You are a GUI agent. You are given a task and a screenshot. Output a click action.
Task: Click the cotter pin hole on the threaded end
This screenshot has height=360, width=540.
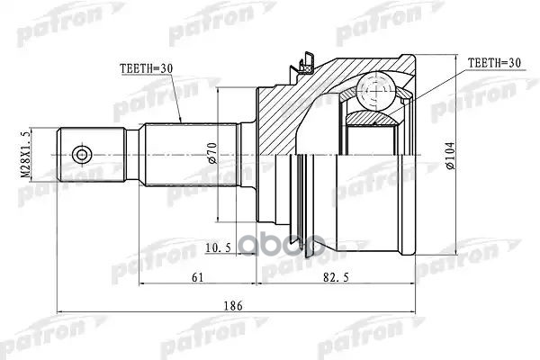[x=82, y=156]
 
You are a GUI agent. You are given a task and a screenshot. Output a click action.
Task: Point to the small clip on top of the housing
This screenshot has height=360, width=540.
[x=306, y=64]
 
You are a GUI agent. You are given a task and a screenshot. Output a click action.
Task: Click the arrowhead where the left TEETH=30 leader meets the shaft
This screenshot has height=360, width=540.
[x=181, y=122]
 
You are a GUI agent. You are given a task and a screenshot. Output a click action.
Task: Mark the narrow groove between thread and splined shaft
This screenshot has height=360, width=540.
[x=132, y=156]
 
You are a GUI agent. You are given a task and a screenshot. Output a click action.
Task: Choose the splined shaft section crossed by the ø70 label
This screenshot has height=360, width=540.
[x=189, y=156]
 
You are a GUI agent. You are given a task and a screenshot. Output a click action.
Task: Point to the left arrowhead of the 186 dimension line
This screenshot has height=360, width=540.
[x=60, y=315]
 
